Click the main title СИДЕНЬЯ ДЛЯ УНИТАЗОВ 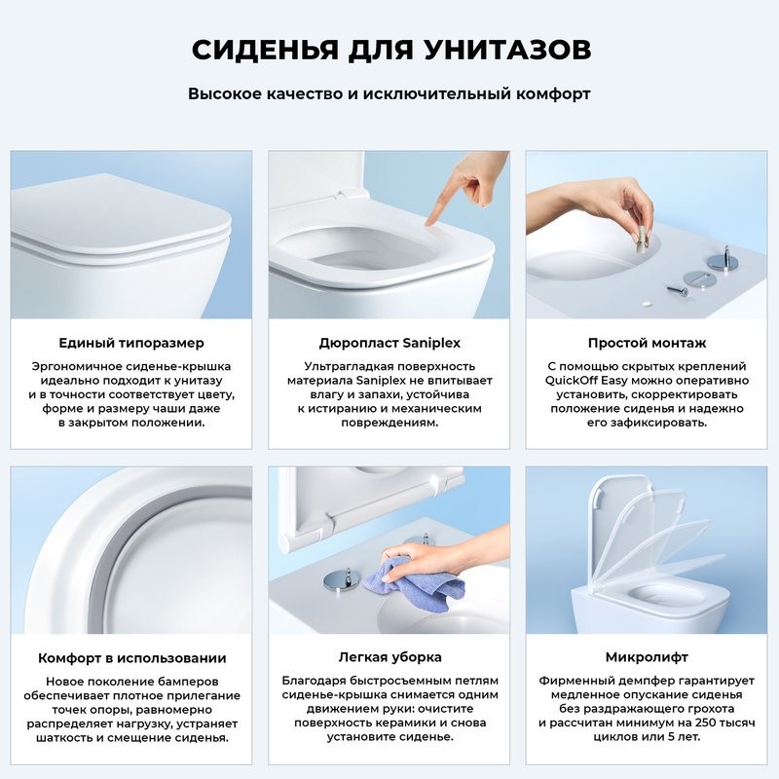point(389,50)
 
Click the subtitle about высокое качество point(389,95)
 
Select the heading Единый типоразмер point(131,343)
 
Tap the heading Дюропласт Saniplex point(389,343)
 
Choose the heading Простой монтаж point(647,343)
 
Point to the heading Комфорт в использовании point(131,657)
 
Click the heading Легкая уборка point(389,657)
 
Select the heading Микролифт point(647,657)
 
